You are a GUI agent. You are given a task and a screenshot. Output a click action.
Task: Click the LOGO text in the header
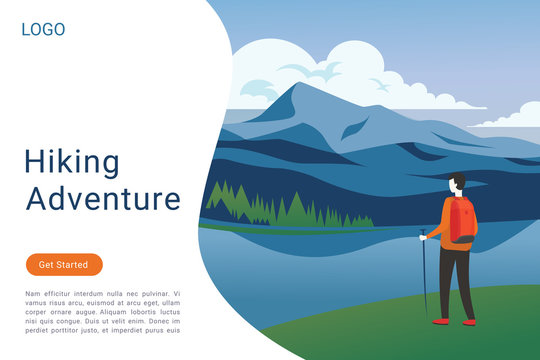[x=43, y=30]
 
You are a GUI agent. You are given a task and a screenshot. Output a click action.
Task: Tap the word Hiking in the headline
[x=71, y=162]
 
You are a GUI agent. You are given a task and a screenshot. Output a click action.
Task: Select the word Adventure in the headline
[x=103, y=198]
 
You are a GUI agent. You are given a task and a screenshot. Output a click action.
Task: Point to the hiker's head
[x=457, y=184]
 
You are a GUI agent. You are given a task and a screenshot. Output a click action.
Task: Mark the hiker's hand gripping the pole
[x=423, y=236]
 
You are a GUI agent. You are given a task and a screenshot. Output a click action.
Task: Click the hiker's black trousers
[x=456, y=280]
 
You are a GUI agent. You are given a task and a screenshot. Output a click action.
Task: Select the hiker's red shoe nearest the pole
[x=440, y=321]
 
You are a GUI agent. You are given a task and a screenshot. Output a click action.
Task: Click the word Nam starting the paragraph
[x=32, y=294]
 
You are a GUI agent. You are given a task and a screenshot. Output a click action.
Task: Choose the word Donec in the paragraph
[x=151, y=321]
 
